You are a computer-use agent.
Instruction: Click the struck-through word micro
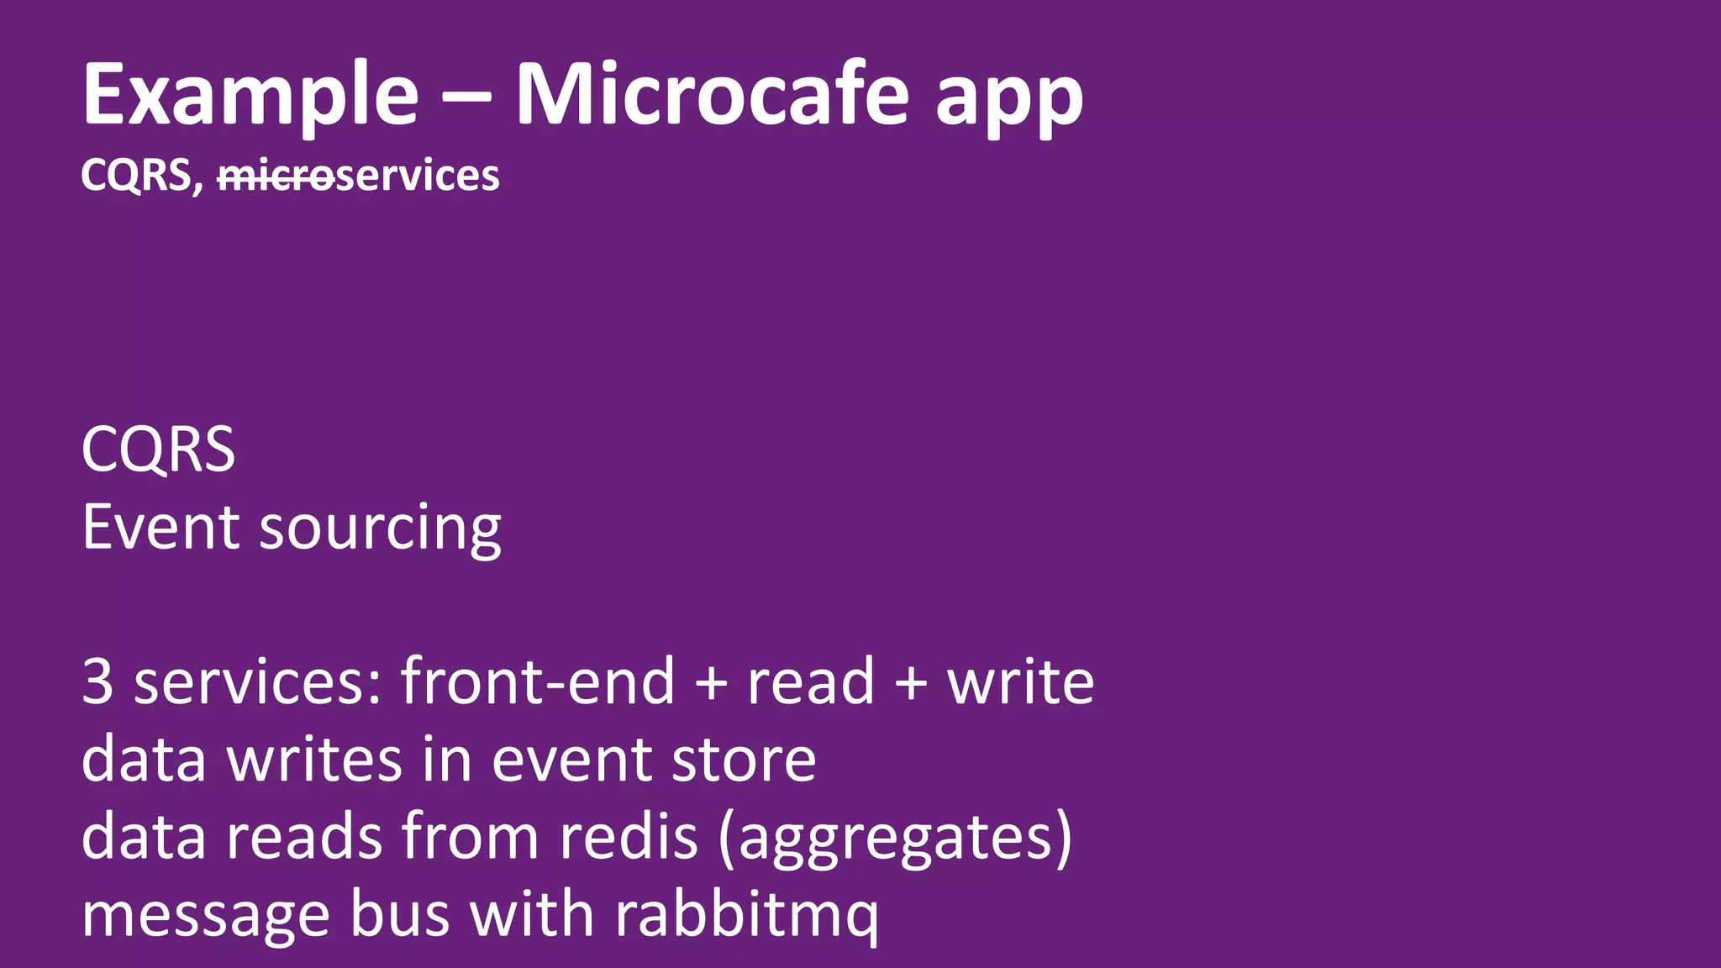tap(276, 176)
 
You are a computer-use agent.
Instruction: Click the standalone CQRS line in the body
tap(158, 450)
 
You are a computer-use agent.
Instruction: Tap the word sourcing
tap(380, 529)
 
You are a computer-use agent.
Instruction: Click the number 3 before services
tap(97, 681)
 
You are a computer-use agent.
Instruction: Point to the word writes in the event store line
tap(314, 759)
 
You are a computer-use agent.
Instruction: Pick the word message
tap(205, 915)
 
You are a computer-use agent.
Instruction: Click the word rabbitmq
tap(746, 915)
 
